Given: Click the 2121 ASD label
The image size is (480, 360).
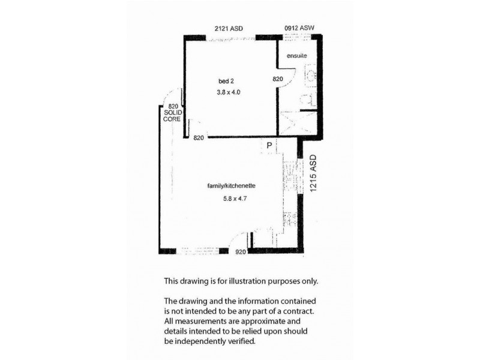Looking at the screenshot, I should pos(229,28).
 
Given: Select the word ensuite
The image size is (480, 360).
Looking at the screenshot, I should pos(296,56).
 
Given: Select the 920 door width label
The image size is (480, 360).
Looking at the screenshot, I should pos(241,253).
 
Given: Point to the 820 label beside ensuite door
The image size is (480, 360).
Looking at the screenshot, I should pos(278,79).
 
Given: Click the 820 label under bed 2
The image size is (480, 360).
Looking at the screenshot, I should pos(199,138).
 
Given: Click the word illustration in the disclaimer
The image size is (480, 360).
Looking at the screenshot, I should pos(257,281).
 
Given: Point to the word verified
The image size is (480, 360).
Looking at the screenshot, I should pos(242,341).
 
